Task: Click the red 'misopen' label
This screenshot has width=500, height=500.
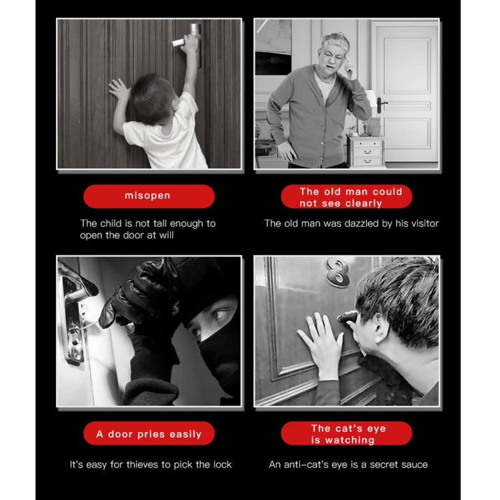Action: (149, 196)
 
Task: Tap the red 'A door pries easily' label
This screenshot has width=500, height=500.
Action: (149, 433)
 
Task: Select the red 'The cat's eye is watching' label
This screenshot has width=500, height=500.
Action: (346, 433)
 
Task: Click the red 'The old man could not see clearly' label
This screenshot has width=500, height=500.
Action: (346, 196)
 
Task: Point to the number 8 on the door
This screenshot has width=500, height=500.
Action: (338, 272)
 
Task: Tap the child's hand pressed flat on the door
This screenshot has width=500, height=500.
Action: (119, 89)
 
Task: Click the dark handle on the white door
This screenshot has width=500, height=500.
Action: (381, 105)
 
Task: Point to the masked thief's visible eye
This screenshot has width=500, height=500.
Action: (221, 315)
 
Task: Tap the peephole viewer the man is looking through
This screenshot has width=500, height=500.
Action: (347, 316)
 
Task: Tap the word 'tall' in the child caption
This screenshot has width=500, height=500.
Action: (160, 223)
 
